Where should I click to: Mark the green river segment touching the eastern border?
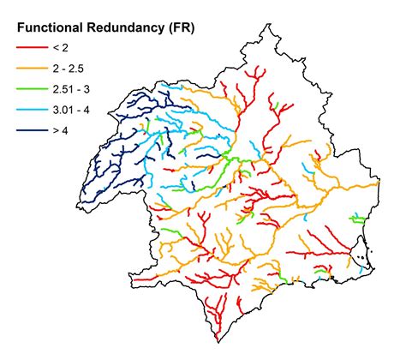[359, 220]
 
